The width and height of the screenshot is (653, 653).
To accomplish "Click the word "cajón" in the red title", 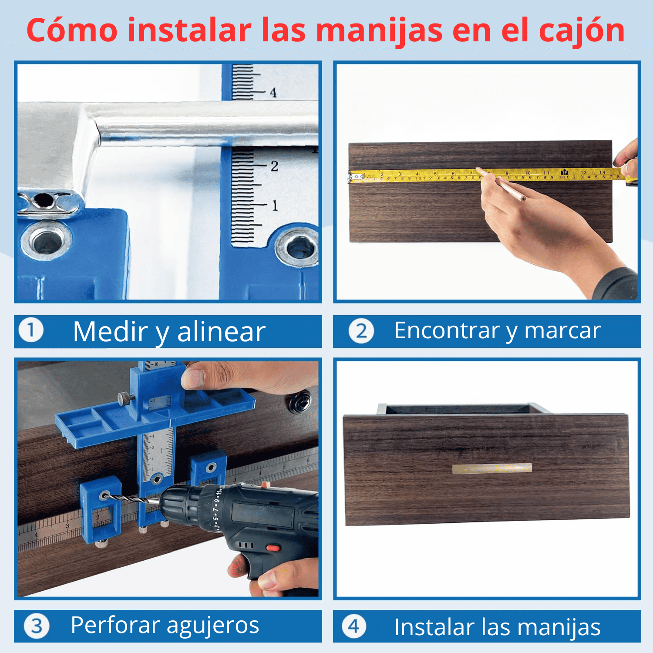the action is point(582,31).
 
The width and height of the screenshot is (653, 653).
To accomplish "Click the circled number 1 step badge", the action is point(31,330).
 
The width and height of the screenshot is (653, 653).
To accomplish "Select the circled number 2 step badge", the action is point(361,331).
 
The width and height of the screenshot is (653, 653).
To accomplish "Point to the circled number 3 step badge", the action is point(37,626).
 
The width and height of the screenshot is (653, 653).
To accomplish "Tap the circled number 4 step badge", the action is point(354,626).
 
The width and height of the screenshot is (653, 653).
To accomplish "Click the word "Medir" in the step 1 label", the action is point(111,332).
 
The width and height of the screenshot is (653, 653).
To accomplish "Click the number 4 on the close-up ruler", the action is point(273,92).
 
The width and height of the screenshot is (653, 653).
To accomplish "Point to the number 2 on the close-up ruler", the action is point(274,166).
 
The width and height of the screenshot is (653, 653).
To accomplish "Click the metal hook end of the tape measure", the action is point(355,177).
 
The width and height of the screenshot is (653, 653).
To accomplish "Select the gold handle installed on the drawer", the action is point(492,468).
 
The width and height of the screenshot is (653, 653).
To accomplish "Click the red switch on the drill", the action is point(273,547).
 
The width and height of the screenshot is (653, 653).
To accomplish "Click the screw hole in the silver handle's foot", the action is point(44,200).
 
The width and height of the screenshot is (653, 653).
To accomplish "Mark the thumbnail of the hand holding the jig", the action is point(194,378).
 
